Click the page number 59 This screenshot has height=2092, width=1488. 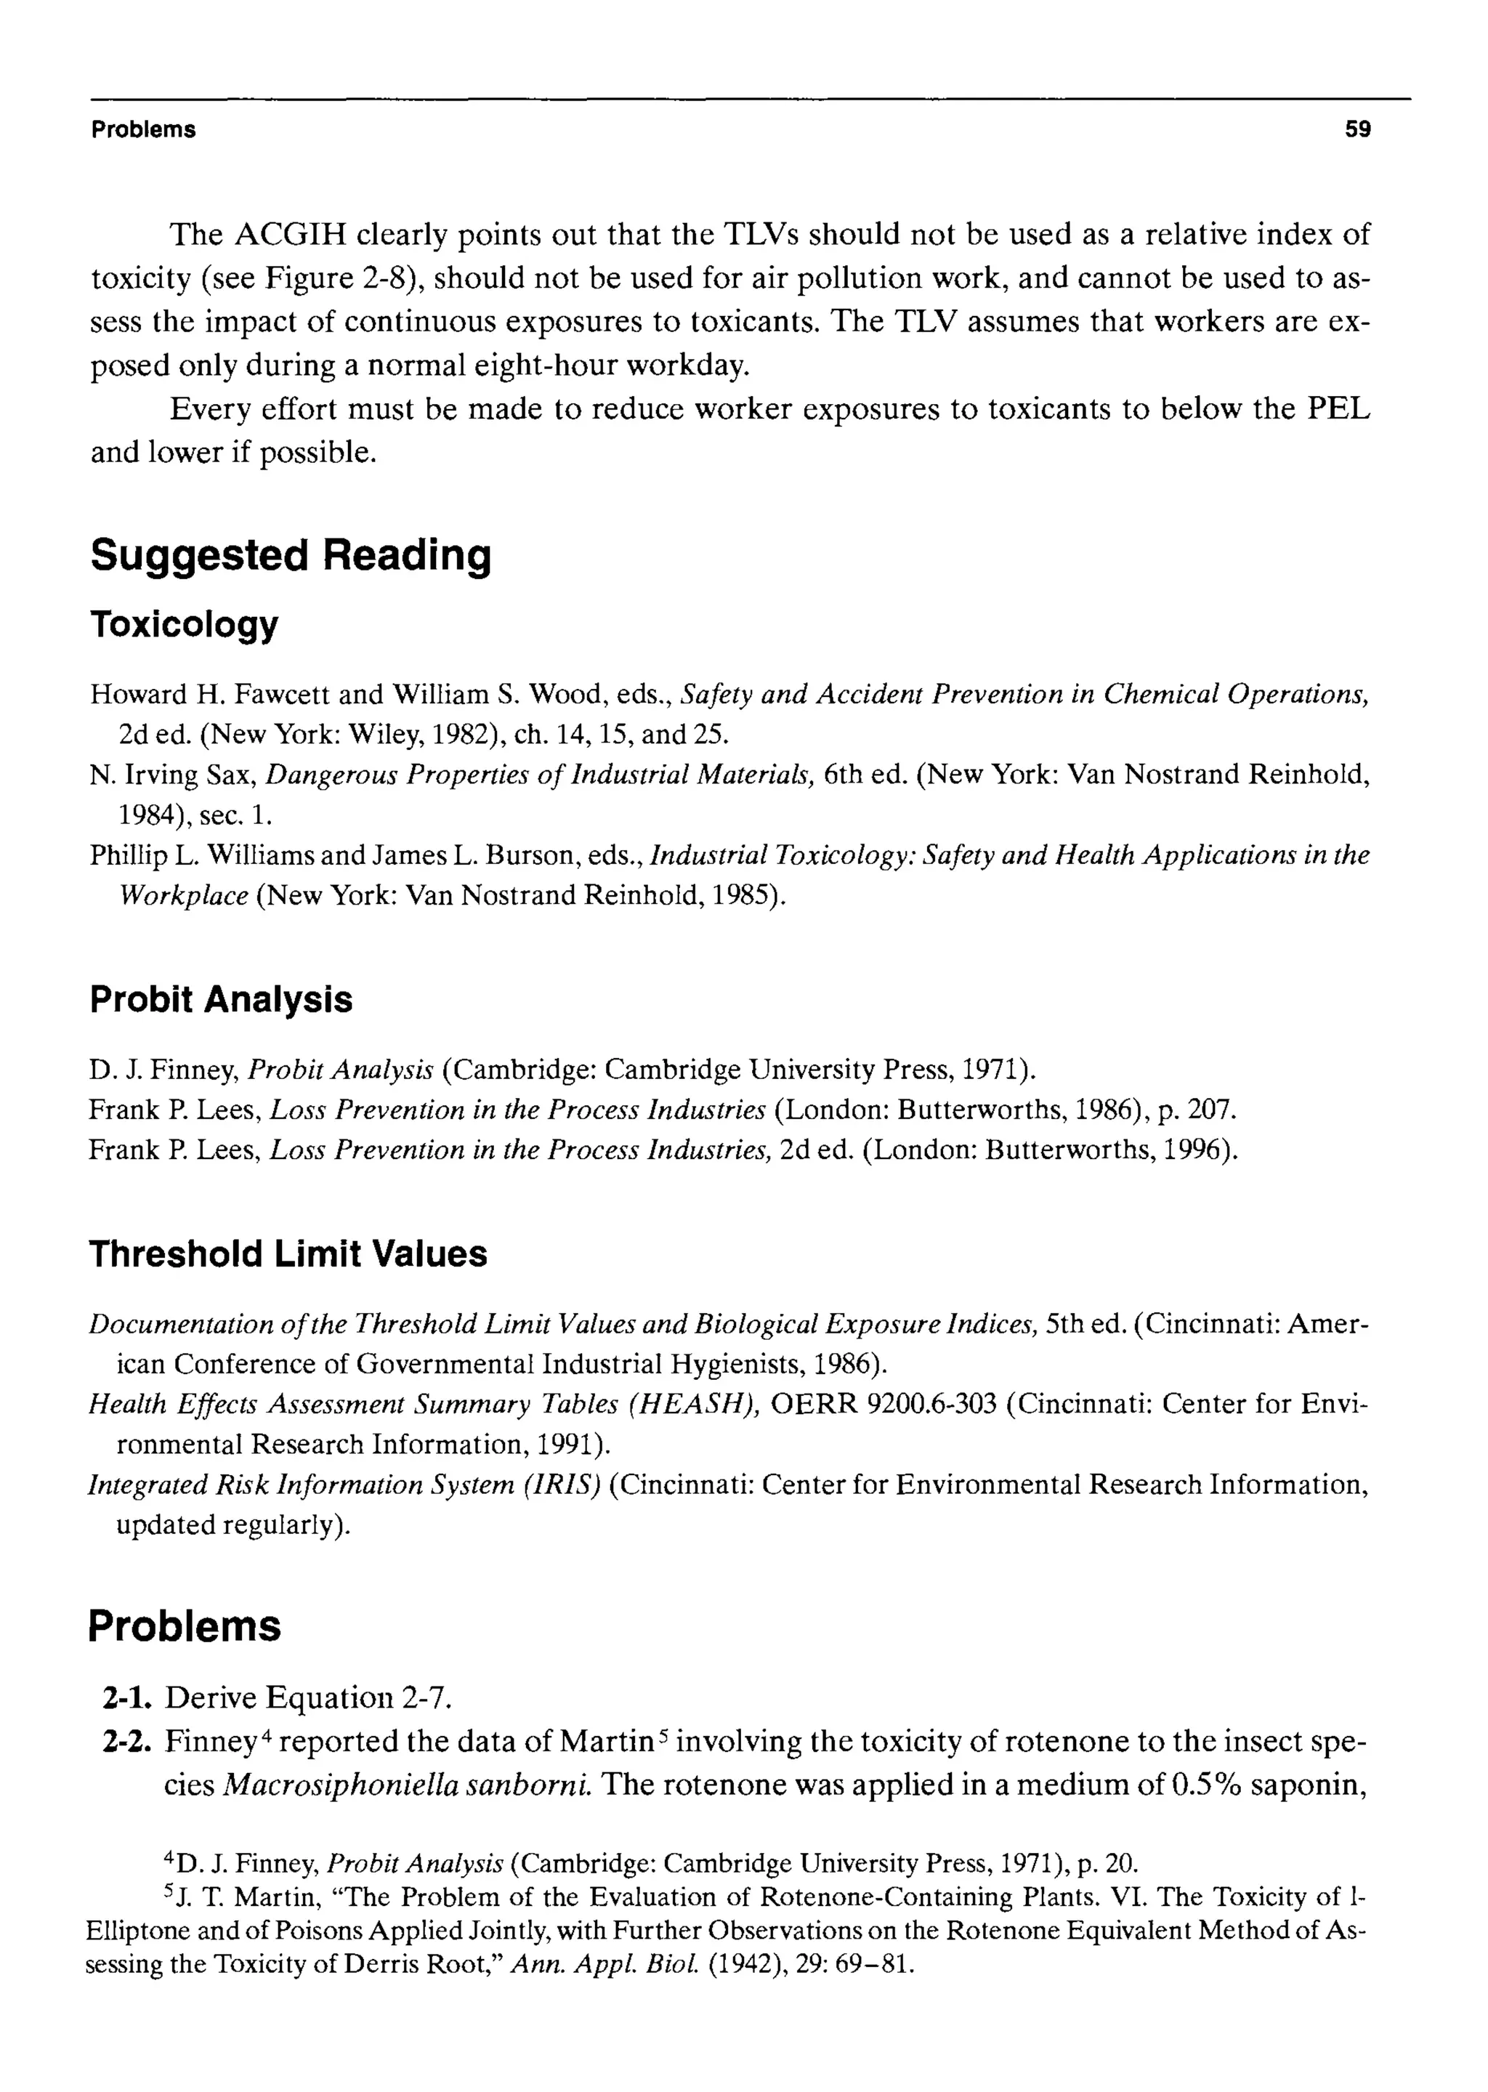pos(1357,130)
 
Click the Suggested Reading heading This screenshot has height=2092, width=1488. pos(291,555)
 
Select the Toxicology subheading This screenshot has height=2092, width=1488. pos(183,625)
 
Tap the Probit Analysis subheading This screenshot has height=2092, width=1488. pos(221,999)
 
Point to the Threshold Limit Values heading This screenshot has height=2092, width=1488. pos(288,1253)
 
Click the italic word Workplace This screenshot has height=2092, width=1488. pos(184,895)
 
